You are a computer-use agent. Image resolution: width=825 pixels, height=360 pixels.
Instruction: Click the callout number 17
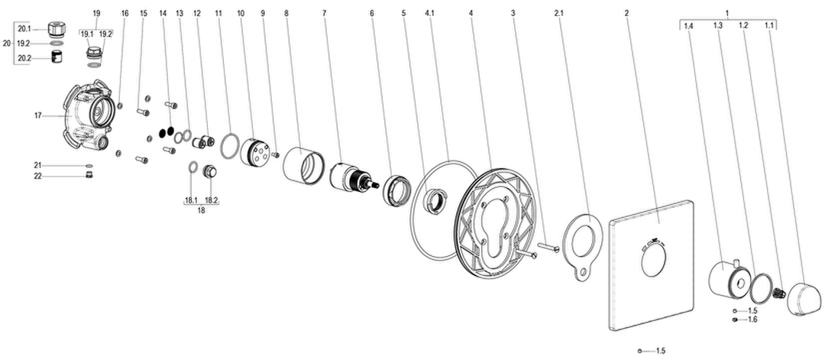pyautogui.click(x=38, y=115)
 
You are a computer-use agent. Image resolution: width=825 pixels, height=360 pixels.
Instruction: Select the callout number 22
pyautogui.click(x=38, y=177)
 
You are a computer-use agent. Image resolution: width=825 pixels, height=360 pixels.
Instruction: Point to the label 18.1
pyautogui.click(x=190, y=200)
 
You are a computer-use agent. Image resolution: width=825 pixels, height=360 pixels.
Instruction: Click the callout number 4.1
pyautogui.click(x=429, y=12)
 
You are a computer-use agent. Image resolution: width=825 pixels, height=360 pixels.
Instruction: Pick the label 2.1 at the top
pyautogui.click(x=558, y=12)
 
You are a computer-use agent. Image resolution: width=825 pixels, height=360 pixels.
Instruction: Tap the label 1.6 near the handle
pyautogui.click(x=752, y=319)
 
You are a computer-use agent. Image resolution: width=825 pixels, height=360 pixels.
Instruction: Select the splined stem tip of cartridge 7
pyautogui.click(x=374, y=183)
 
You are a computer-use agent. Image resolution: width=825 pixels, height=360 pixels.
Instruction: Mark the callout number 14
pyautogui.click(x=162, y=12)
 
